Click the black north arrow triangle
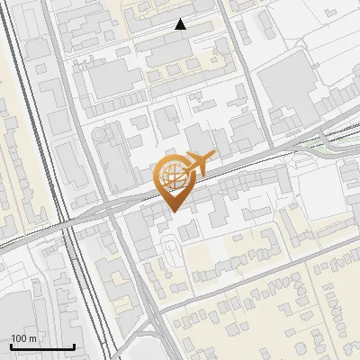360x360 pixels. [x=181, y=25]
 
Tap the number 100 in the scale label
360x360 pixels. [x=21, y=338]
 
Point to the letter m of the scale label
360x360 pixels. [x=32, y=338]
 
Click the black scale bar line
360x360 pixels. [x=42, y=346]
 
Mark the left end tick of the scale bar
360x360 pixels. [x=11, y=346]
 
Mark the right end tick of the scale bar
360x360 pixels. [x=74, y=346]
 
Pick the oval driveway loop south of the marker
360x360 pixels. [x=168, y=247]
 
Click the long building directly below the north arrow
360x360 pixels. [x=175, y=54]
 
